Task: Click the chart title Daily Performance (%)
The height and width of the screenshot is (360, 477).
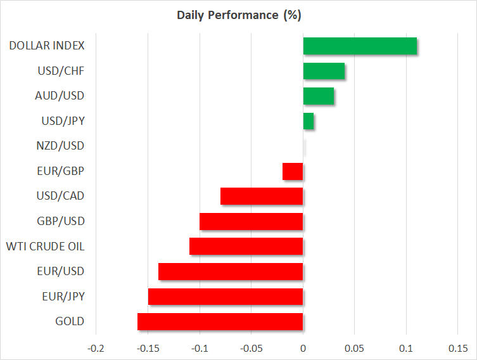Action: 238,14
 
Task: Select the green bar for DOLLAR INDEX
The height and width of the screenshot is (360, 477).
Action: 360,46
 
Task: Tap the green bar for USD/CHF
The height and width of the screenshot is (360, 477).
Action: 324,71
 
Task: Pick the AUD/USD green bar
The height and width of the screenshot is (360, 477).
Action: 319,96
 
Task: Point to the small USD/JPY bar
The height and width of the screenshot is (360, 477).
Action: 308,121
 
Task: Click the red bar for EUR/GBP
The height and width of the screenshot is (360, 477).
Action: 293,171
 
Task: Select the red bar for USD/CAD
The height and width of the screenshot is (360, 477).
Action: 262,196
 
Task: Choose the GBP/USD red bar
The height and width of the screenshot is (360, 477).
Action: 251,221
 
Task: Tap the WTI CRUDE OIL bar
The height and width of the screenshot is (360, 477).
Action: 246,247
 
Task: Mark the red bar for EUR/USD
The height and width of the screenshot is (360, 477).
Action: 231,271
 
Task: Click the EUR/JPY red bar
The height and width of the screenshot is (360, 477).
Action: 226,297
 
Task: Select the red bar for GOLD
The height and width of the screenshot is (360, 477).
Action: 220,321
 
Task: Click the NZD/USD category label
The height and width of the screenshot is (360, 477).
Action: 61,146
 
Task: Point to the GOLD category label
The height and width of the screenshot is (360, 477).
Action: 70,321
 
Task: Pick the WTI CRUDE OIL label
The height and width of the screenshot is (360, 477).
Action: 45,246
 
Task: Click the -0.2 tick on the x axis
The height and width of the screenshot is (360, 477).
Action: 96,348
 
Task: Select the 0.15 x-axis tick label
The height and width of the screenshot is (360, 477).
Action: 458,348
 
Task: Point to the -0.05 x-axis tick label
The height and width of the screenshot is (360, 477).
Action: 251,348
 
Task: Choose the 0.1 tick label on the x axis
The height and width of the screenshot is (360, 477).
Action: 407,348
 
